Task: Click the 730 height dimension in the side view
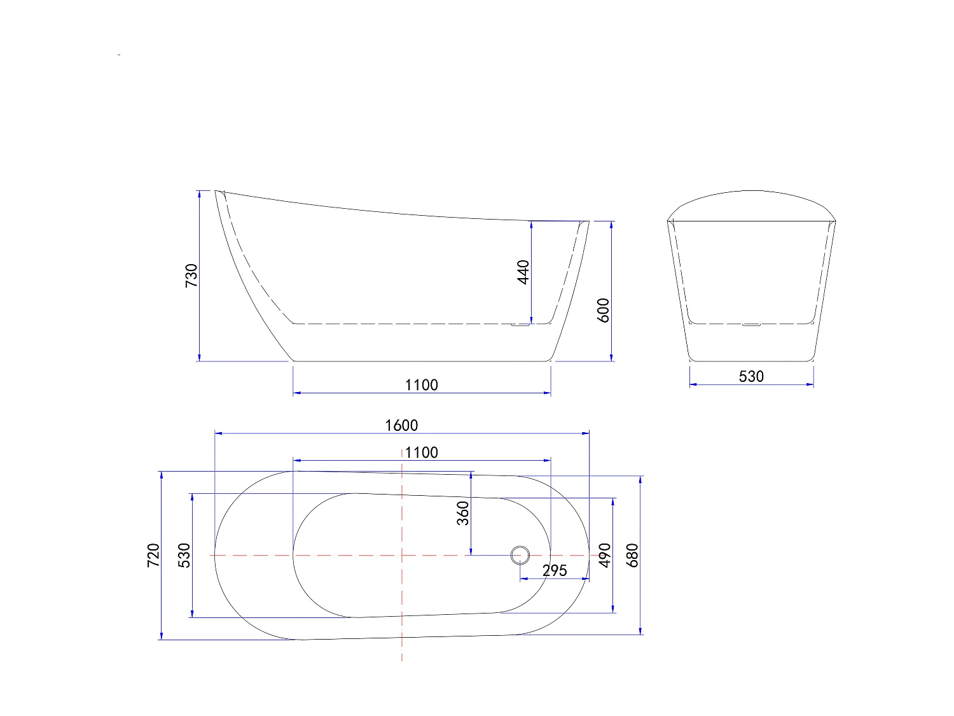[x=191, y=276]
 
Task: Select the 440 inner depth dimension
[x=523, y=272]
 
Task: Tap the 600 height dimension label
[x=604, y=310]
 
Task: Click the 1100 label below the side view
[x=421, y=385]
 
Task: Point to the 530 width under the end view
[x=750, y=376]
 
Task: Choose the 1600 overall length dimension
[x=401, y=425]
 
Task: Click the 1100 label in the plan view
[x=421, y=453]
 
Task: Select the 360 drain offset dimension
[x=463, y=513]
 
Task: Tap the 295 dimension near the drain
[x=554, y=570]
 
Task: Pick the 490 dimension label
[x=604, y=555]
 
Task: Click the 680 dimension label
[x=632, y=555]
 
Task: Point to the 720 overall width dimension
[x=153, y=556]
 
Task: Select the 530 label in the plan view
[x=184, y=555]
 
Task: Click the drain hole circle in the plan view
[x=520, y=555]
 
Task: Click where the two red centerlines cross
[x=402, y=555]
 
